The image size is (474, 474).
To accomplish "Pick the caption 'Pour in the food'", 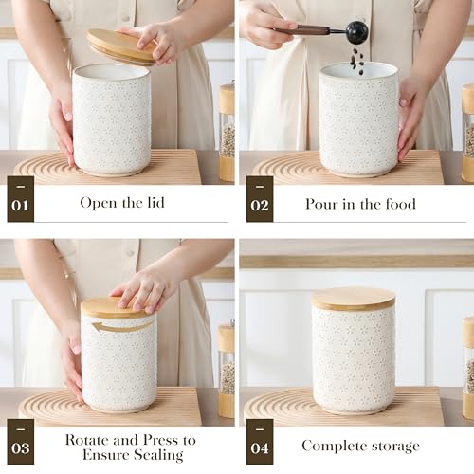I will pos(360,204).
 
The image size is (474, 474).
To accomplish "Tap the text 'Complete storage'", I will pos(360,446).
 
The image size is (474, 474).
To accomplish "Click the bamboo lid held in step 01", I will pos(121,46).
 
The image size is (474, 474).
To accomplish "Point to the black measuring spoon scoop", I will pos(356,32).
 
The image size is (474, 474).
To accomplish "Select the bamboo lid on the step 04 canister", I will pos(354,299).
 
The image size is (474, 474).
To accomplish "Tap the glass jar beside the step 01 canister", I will pos(227,133).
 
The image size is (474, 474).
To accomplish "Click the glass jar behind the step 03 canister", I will pos(226,370).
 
